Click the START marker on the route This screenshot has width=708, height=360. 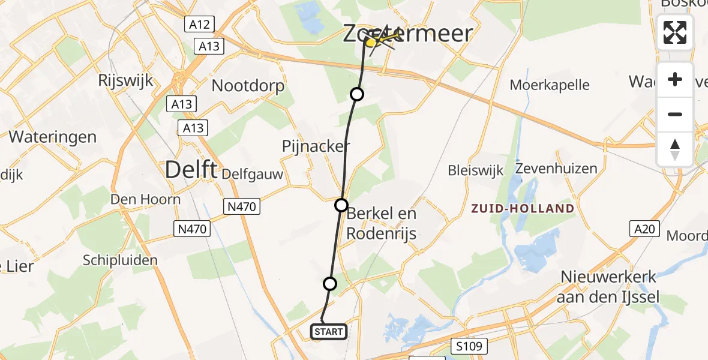coord(328,331)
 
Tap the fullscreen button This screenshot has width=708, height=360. coord(675,32)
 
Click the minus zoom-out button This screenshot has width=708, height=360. coord(675,114)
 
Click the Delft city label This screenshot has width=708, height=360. coord(190,170)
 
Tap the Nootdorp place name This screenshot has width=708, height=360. coord(248,86)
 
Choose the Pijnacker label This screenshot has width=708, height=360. coord(316,146)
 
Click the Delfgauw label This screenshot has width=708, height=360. coord(252,174)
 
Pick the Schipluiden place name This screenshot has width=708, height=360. coord(121,260)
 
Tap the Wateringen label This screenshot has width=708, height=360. coord(53,137)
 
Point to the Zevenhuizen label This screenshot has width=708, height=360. coord(556,168)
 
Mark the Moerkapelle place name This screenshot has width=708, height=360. coord(550,85)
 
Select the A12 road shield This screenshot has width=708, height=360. coord(199,25)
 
